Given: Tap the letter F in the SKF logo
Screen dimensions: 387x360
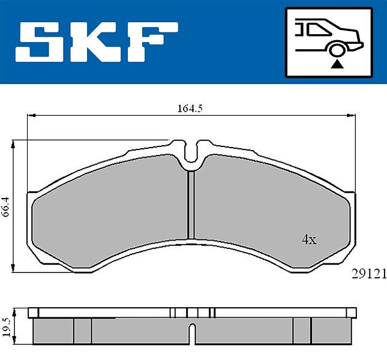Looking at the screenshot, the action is tap(152, 41).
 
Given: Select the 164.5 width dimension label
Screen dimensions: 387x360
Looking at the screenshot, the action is tap(190, 109).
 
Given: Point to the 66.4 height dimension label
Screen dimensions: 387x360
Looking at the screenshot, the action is tap(5, 207).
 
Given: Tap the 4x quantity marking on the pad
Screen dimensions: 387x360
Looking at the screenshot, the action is tap(309, 239).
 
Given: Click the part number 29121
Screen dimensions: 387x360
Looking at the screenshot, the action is tap(369, 274).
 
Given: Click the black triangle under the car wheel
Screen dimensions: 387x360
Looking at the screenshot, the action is tap(337, 64).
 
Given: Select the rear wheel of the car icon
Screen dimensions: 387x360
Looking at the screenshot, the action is tap(337, 49).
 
